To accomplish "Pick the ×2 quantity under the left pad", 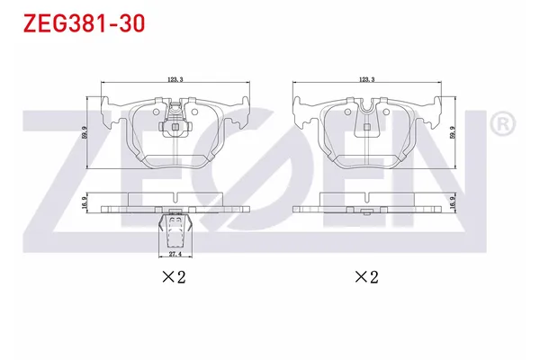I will pyautogui.click(x=174, y=277).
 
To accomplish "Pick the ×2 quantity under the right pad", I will pyautogui.click(x=366, y=277).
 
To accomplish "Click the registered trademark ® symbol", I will pyautogui.click(x=504, y=123).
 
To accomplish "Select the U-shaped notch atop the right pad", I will pyautogui.click(x=367, y=112).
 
